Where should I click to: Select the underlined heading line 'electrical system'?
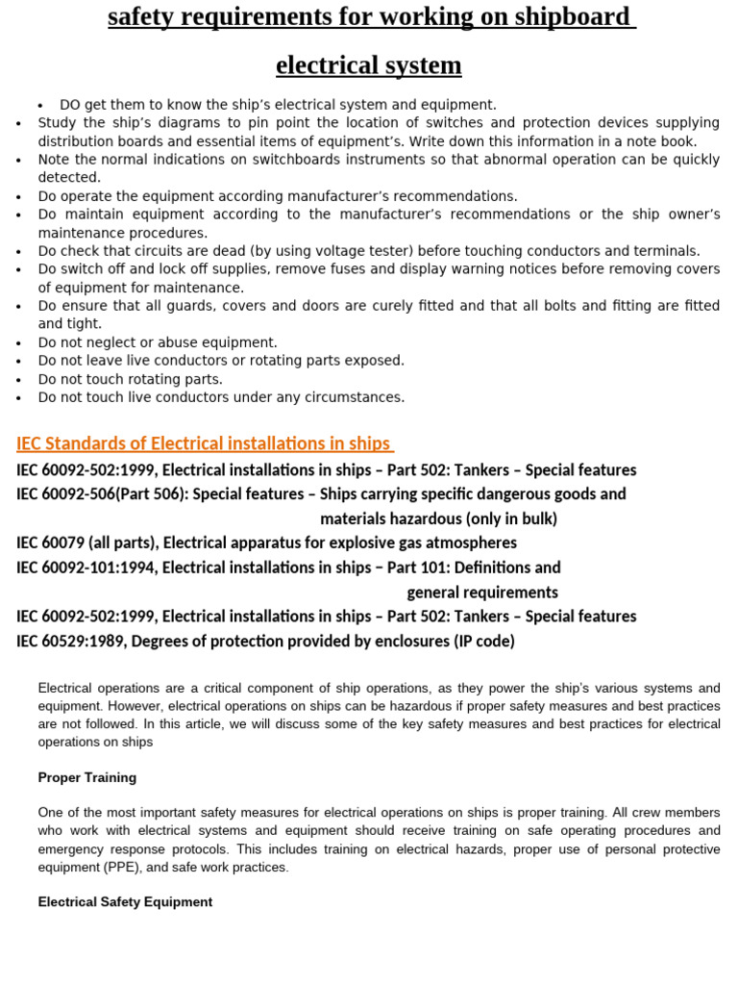point(368,65)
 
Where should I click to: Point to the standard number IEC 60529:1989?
point(69,642)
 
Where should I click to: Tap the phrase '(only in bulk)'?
point(511,519)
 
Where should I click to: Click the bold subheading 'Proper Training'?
point(87,777)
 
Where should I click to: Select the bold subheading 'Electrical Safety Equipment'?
point(125,902)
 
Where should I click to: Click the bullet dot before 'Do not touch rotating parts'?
point(19,380)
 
